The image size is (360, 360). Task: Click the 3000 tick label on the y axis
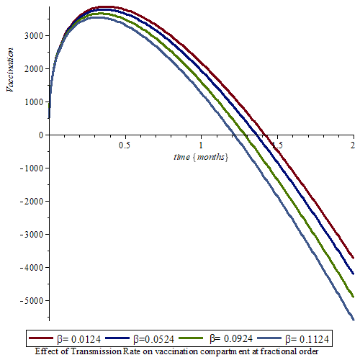point(34,36)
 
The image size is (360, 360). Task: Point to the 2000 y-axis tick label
point(34,69)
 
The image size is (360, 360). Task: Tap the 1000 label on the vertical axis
point(34,102)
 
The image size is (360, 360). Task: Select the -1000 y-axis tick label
point(32,168)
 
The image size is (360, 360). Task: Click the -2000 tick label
point(32,202)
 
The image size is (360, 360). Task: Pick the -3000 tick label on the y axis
point(32,235)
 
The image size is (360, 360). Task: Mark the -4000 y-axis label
point(32,268)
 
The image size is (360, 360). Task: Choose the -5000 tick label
point(32,301)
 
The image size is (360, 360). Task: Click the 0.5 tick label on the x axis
point(125,145)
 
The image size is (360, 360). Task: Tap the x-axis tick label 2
point(352,145)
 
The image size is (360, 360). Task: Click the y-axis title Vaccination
point(9,70)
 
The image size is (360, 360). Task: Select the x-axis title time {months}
point(201,157)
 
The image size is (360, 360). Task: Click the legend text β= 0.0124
point(79,339)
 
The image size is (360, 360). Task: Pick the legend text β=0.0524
point(153,339)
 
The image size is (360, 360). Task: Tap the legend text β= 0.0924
point(231,339)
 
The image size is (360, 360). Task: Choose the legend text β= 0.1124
point(307,339)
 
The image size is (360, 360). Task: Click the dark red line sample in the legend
point(41,338)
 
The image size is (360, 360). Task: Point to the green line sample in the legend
point(191,338)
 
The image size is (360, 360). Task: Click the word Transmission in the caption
point(96,351)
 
